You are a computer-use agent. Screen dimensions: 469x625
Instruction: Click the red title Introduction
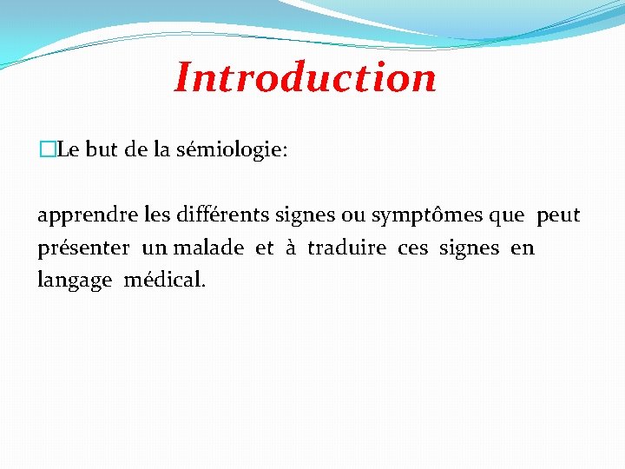click(306, 77)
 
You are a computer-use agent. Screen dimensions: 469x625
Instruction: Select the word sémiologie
click(232, 150)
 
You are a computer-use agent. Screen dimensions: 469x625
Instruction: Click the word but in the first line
click(102, 150)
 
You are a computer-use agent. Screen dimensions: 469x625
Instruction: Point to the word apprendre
click(77, 215)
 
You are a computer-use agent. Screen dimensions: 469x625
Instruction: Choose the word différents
click(217, 215)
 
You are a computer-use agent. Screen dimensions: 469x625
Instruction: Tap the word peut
click(558, 215)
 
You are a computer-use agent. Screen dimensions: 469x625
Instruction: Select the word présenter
click(83, 248)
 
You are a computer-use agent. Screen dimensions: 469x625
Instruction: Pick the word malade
click(208, 248)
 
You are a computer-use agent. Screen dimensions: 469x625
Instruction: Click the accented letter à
click(291, 248)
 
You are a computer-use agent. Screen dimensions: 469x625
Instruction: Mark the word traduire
click(346, 248)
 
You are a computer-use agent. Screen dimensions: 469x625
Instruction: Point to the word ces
click(412, 248)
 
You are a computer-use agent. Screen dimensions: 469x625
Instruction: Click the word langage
click(75, 281)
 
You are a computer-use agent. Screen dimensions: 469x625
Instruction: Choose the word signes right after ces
click(470, 248)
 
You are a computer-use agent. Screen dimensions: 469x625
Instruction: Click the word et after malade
click(264, 248)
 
